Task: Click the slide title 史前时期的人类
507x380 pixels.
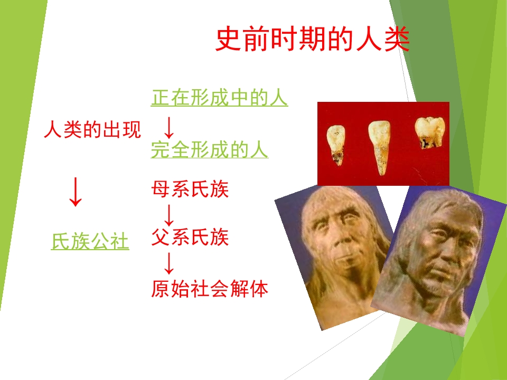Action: pos(313,40)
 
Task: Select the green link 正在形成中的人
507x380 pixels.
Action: pos(219,98)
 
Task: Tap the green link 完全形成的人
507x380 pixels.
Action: pos(210,150)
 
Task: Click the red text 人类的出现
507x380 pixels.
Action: pos(92,130)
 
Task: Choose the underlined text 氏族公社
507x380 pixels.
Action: pos(90,242)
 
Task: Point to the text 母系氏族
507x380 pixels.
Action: pos(190,189)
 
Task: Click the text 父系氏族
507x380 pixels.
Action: pos(190,237)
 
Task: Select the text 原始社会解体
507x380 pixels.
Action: pos(210,289)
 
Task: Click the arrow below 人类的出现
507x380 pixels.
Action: pos(76,192)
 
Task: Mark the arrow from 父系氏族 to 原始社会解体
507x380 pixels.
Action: pos(169,263)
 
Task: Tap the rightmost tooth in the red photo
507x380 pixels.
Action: pos(429,134)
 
